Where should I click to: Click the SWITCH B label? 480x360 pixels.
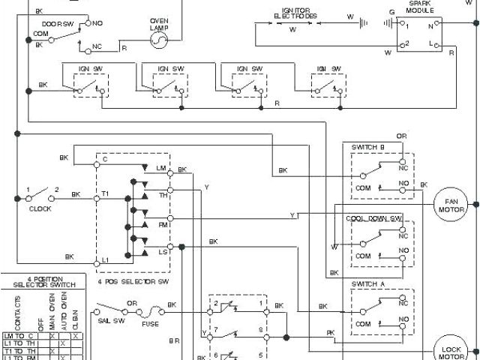367,147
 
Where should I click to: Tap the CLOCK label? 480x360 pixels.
40,208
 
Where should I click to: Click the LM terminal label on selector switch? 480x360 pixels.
160,167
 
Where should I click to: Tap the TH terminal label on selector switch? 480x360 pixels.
161,196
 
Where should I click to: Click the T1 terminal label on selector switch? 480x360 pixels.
106,193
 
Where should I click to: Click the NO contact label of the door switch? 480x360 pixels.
98,22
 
